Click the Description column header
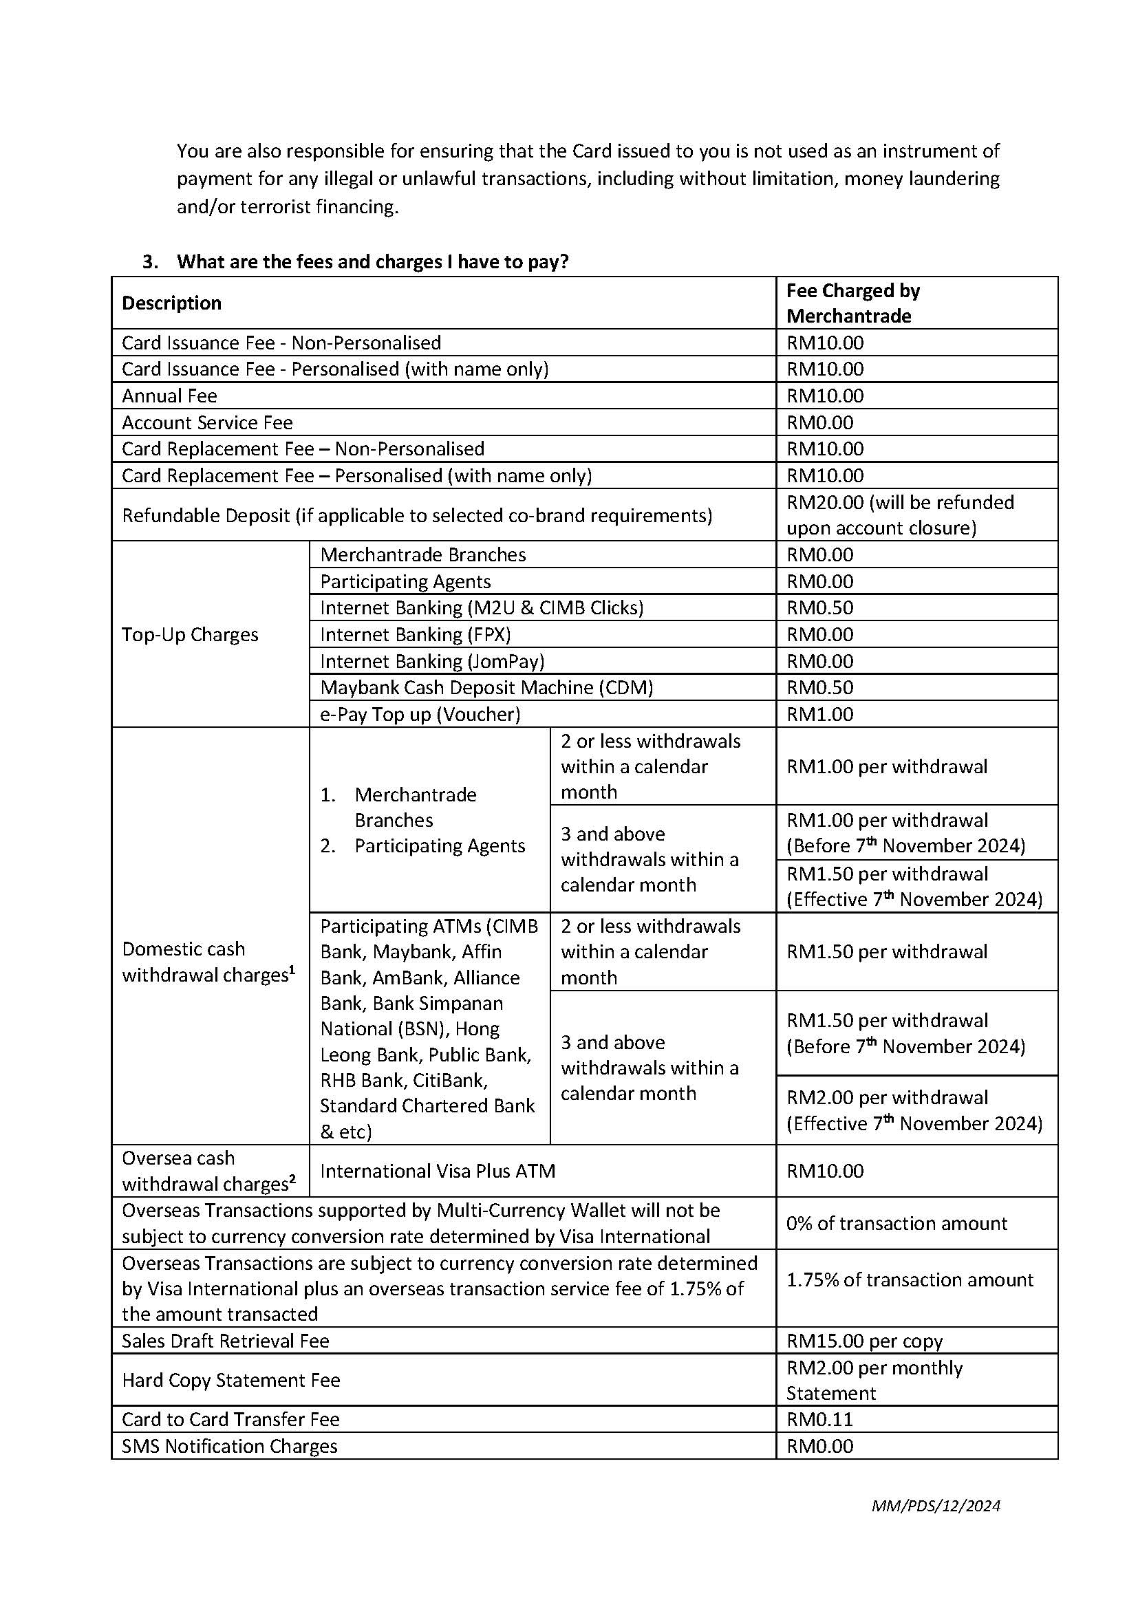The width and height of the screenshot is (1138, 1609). (x=171, y=303)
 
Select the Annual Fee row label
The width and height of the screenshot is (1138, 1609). (x=169, y=396)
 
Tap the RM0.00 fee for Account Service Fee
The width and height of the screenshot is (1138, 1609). (x=819, y=422)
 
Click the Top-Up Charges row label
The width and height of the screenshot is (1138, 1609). (x=190, y=634)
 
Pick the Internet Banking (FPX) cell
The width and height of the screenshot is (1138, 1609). (x=415, y=634)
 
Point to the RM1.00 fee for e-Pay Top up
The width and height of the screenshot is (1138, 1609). (x=819, y=714)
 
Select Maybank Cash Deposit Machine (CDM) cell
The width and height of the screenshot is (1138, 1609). (x=486, y=687)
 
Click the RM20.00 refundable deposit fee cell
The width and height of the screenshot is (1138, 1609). (x=900, y=515)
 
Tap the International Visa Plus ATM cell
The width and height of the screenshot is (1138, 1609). (x=438, y=1171)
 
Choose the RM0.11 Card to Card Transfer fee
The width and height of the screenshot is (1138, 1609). (x=819, y=1419)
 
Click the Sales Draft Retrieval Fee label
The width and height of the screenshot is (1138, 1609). (x=225, y=1341)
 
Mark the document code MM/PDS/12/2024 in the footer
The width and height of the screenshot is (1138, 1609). (x=936, y=1505)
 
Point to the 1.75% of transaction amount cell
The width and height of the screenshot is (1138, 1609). (x=909, y=1279)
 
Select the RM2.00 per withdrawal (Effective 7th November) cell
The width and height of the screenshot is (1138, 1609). (x=914, y=1110)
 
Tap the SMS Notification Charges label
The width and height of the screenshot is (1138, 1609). (x=229, y=1446)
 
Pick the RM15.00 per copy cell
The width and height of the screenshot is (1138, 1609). (x=864, y=1341)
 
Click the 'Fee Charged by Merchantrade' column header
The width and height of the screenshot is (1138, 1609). (x=852, y=303)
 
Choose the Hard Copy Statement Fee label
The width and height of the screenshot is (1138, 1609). (x=230, y=1380)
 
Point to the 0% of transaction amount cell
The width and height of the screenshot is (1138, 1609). (x=896, y=1223)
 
